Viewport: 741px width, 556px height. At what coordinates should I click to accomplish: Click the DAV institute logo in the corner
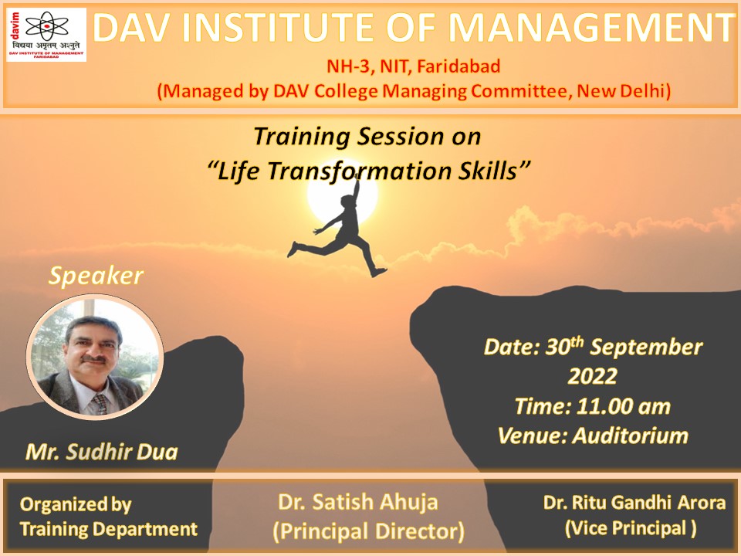(x=46, y=35)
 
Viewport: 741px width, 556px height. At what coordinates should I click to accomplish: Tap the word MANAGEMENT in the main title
(x=591, y=28)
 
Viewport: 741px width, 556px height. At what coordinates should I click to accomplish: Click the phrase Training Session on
(x=367, y=137)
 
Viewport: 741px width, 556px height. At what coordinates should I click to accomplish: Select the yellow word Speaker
(x=96, y=276)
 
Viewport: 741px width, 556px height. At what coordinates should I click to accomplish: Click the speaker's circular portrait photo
(x=95, y=357)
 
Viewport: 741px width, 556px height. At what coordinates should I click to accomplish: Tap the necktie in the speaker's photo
(x=100, y=404)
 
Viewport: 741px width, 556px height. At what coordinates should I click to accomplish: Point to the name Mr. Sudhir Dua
(x=102, y=452)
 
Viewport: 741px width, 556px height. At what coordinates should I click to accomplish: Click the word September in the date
(x=646, y=347)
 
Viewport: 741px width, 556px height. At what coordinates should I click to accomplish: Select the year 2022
(x=592, y=377)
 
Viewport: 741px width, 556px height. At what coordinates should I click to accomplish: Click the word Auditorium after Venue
(x=631, y=436)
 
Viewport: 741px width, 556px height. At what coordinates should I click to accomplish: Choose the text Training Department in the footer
(x=109, y=529)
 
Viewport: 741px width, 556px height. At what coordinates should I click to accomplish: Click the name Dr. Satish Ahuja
(x=357, y=502)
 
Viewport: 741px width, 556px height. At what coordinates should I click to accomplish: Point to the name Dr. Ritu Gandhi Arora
(x=634, y=502)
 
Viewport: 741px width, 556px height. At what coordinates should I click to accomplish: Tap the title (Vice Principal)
(x=631, y=528)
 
